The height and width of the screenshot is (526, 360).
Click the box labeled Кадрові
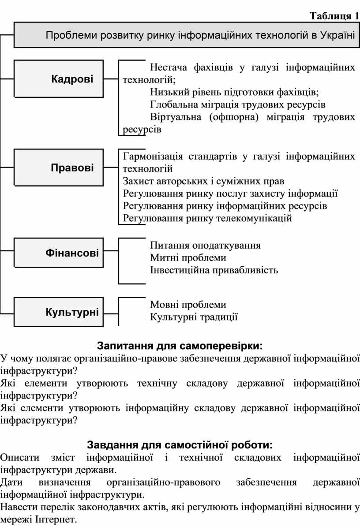coord(58,79)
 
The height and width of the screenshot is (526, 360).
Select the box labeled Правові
coord(58,168)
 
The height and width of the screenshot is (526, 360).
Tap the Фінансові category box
coord(58,253)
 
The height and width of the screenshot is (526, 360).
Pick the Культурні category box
coord(58,312)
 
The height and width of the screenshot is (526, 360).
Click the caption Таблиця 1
coord(334,16)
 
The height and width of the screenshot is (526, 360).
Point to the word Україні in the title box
coord(337,35)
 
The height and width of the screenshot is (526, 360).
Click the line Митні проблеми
coord(188,257)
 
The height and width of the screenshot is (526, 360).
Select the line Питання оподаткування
coord(205,245)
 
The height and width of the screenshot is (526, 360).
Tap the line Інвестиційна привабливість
coord(214,270)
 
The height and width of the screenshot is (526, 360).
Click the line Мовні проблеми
coord(188,305)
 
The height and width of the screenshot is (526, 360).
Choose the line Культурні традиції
coord(194,317)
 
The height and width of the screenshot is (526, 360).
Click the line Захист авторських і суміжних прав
coord(203,181)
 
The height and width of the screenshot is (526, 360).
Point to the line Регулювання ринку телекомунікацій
coord(207,218)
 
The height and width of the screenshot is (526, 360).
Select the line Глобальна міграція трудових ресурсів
coord(238,104)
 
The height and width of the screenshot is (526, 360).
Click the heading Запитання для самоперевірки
coord(180,346)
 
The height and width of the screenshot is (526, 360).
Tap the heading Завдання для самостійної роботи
coord(180,445)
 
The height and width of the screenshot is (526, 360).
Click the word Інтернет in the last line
coord(56,520)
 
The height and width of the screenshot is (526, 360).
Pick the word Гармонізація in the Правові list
coord(153,157)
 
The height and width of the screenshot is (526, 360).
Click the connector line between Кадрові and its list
coord(111,79)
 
